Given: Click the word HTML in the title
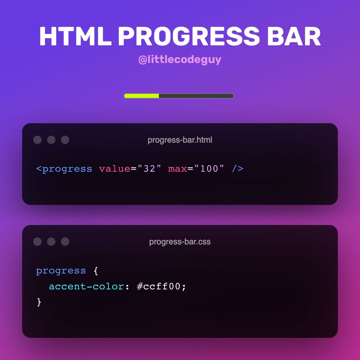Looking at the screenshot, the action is [75, 36].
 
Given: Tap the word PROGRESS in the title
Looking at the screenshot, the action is [189, 36].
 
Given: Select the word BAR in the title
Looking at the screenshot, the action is [294, 36].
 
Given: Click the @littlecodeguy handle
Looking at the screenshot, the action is [180, 60].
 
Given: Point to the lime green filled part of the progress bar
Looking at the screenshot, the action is [142, 96].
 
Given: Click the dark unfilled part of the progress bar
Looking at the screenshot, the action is [196, 96].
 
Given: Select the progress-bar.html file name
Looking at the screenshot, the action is [180, 140].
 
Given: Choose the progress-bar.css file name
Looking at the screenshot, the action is [180, 242].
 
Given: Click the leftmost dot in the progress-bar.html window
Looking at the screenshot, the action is [37, 140].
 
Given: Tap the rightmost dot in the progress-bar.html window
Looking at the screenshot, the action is [65, 140].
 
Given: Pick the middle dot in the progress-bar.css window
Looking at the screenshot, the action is [51, 242].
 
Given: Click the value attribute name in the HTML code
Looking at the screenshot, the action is [115, 169].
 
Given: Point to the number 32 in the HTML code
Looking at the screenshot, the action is [149, 169].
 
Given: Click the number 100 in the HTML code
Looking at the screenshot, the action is [209, 169].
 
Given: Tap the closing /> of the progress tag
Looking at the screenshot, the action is [237, 169].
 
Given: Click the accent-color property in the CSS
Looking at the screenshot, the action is [86, 287].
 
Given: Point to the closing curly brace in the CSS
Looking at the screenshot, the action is [39, 302].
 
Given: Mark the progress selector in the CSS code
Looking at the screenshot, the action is [61, 271].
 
